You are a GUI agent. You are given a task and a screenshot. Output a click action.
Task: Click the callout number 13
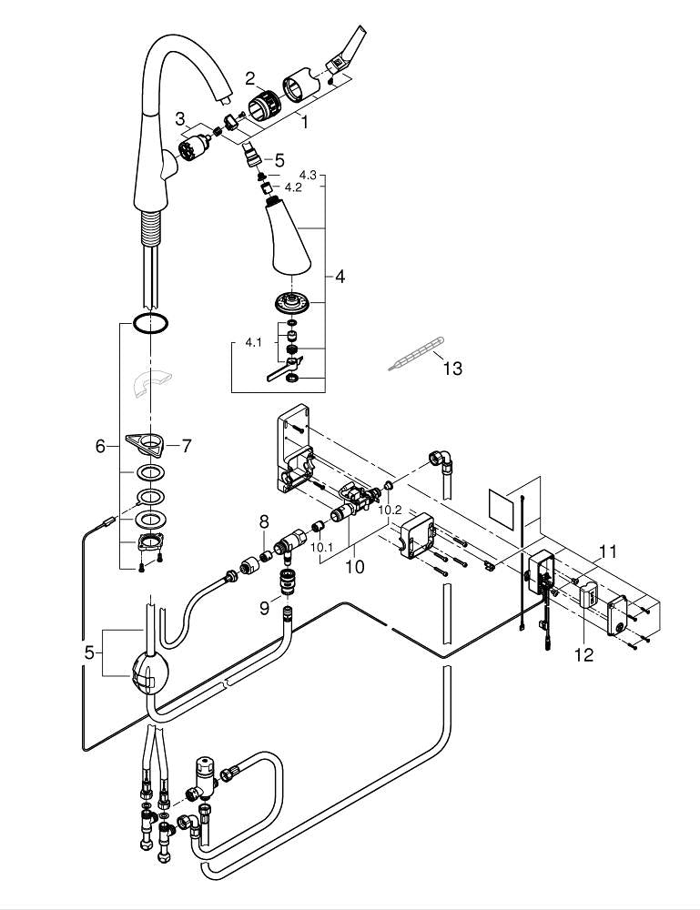[x=452, y=369]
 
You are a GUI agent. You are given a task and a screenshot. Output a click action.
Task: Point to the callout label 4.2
[x=293, y=187]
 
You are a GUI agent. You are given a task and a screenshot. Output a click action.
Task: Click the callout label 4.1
[x=254, y=343]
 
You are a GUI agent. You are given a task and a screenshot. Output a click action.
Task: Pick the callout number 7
[x=187, y=446]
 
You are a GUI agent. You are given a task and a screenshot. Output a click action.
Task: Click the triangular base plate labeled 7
[x=147, y=443]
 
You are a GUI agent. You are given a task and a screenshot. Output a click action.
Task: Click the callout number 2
[x=224, y=78]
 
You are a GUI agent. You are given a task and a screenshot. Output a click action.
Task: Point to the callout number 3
[x=181, y=117]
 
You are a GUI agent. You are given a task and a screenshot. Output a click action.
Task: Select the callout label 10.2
[x=391, y=511]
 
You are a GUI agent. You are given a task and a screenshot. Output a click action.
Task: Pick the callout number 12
[x=583, y=654]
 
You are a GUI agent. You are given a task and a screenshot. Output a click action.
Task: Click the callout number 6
[x=101, y=446]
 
